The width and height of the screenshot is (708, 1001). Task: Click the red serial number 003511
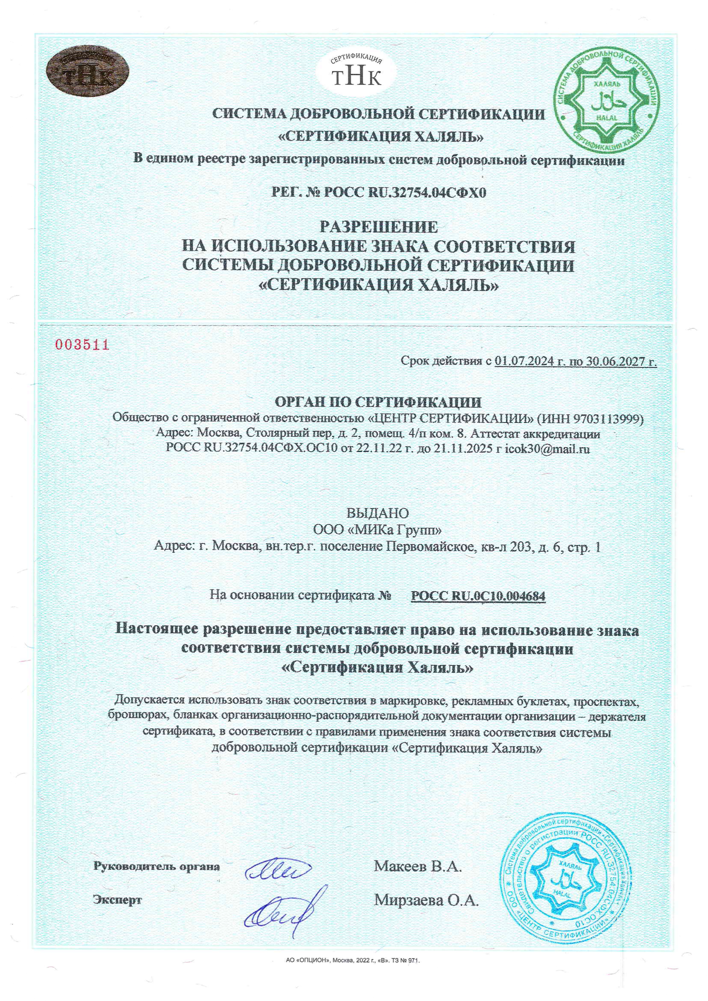click(x=82, y=345)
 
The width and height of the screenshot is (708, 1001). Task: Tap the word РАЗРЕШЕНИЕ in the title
click(x=378, y=226)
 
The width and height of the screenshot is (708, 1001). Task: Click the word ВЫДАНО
click(x=378, y=512)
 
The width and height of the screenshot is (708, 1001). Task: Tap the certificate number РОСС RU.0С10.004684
click(x=478, y=595)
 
